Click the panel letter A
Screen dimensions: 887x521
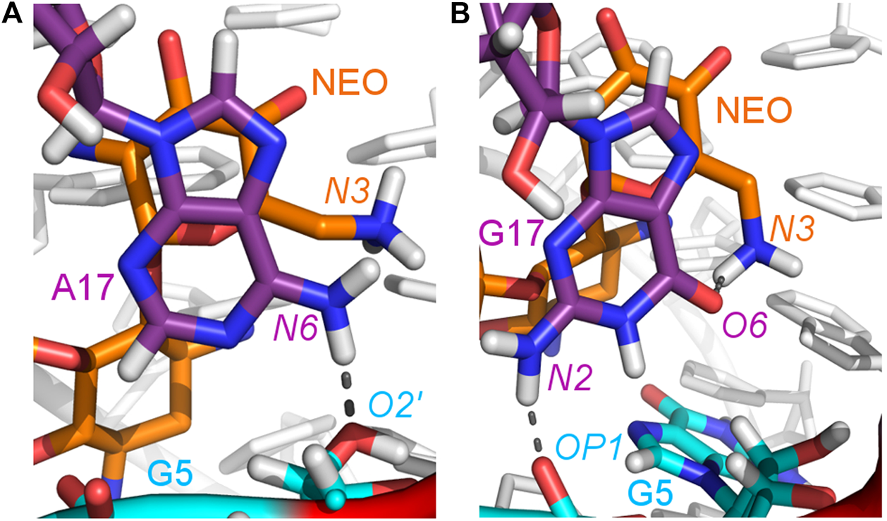(13, 14)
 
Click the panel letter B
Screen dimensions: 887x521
(460, 14)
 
